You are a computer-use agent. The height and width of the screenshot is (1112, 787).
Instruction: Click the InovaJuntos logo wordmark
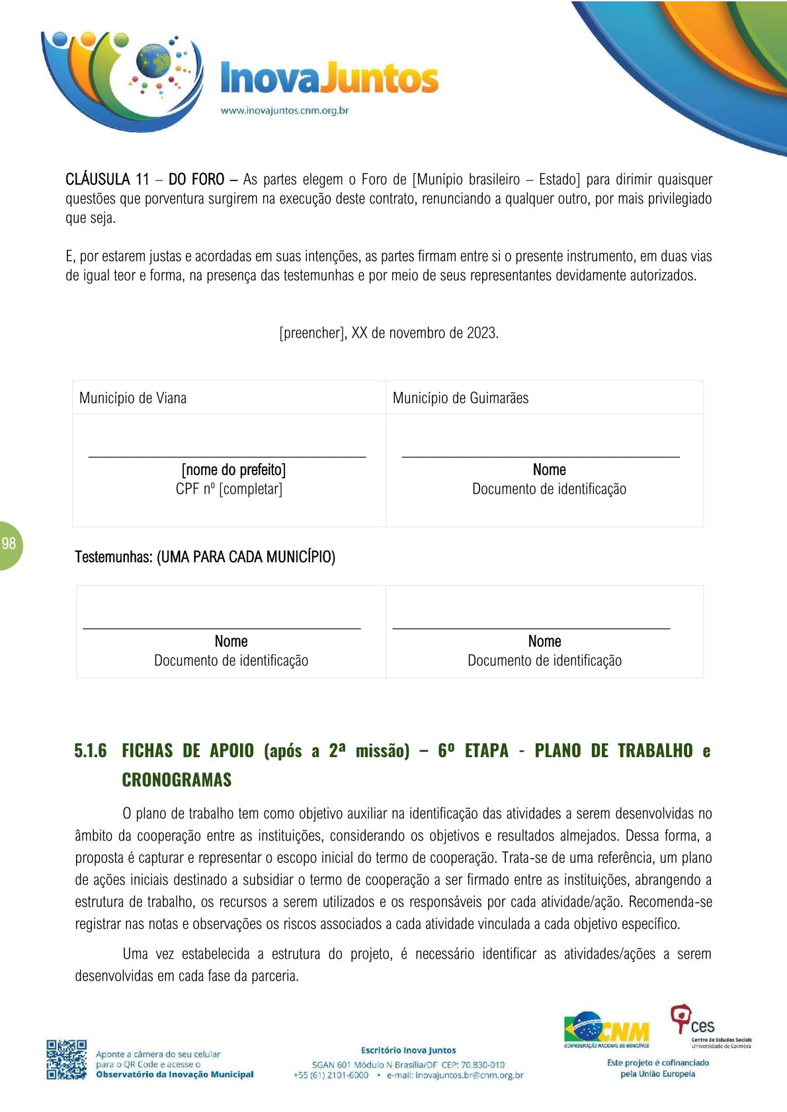point(329,79)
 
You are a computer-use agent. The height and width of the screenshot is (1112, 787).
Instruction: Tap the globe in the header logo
point(153,61)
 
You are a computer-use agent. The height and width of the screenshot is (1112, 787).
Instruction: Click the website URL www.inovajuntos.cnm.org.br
point(284,110)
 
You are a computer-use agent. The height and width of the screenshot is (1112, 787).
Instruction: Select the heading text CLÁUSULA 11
point(107,179)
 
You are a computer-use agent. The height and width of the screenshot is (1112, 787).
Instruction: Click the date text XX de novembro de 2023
point(425,332)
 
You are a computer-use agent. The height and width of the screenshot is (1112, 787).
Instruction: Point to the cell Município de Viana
point(133,398)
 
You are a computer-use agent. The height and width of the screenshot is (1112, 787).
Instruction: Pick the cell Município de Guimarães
point(460,398)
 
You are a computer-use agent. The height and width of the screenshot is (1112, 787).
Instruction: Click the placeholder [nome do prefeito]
point(233,470)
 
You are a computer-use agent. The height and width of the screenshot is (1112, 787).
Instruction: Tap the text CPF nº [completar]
point(229,489)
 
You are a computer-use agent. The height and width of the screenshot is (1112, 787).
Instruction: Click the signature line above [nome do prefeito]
point(227,456)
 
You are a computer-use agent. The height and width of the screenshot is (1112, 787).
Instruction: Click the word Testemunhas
point(113,557)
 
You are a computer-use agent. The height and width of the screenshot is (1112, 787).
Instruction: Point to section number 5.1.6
point(91,751)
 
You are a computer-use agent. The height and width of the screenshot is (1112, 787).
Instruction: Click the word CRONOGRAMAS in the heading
point(177,780)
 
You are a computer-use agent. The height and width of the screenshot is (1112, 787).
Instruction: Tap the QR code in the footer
point(66,1059)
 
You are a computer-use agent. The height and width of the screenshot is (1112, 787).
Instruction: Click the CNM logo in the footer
point(606,1029)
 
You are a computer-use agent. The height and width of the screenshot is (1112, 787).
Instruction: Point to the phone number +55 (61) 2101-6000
point(331,1075)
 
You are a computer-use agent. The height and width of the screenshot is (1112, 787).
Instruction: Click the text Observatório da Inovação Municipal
point(175,1074)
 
